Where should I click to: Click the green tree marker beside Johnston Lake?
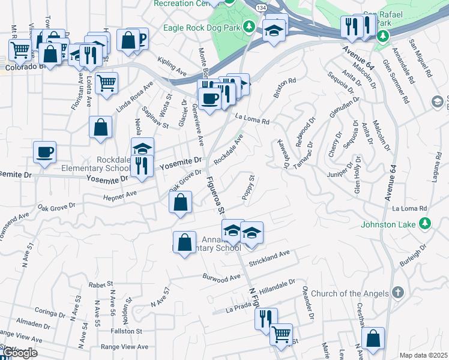click(426, 224)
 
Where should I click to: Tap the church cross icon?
click(396, 293)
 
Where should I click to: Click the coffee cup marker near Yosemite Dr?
click(46, 152)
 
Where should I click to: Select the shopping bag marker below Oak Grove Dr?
click(181, 203)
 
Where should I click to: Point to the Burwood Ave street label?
click(221, 278)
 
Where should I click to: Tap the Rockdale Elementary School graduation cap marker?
click(143, 148)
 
